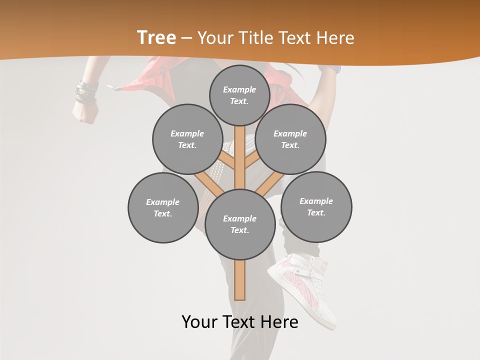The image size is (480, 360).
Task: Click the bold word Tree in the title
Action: (156, 38)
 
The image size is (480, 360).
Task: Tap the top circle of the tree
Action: (239, 95)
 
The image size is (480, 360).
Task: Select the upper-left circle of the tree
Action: (187, 139)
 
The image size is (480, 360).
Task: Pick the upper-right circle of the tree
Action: (290, 139)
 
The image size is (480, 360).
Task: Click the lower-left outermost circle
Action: (163, 207)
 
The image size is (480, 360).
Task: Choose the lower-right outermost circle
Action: (316, 206)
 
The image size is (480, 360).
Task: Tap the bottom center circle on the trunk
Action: (240, 224)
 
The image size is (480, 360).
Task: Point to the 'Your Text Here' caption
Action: (240, 322)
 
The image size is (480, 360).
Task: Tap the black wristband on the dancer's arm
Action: (86, 92)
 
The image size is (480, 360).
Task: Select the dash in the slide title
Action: (186, 38)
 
